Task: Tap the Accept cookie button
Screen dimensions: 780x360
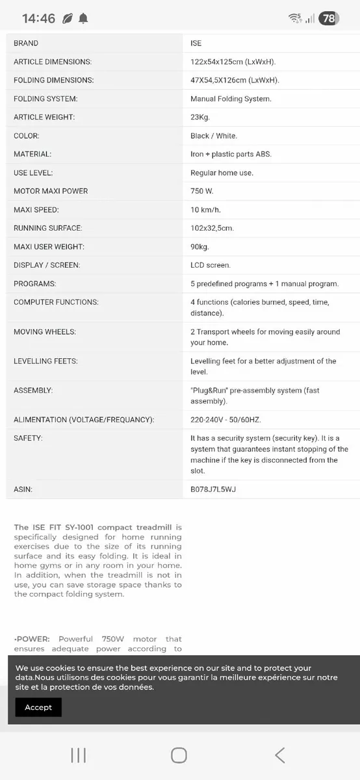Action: point(38,707)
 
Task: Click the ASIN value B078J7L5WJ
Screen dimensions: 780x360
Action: point(212,489)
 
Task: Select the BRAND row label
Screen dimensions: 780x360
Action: point(26,43)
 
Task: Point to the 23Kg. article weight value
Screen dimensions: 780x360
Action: point(200,117)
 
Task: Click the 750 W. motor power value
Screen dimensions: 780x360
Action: point(202,191)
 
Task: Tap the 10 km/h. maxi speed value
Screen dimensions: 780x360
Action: point(206,210)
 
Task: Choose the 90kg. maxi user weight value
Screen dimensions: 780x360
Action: point(201,247)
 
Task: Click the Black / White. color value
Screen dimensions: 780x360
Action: point(214,136)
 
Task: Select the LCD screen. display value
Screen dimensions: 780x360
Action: point(211,265)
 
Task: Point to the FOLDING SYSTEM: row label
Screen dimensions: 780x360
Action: point(45,99)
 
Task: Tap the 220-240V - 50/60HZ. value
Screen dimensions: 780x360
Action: point(225,420)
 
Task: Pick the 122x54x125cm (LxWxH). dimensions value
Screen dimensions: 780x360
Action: point(233,62)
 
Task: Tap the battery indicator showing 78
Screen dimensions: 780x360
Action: point(329,18)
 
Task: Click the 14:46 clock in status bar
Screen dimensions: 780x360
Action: point(38,18)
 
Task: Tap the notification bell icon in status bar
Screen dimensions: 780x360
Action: point(83,19)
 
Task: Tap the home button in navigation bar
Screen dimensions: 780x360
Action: point(179,755)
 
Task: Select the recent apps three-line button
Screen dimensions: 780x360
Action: point(78,755)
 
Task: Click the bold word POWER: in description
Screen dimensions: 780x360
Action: point(32,639)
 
